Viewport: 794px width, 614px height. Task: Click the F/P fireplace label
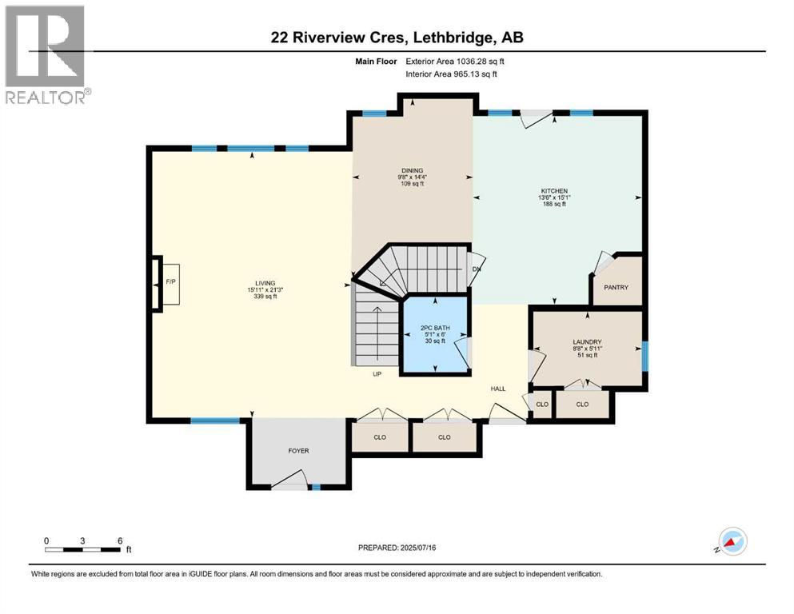click(170, 281)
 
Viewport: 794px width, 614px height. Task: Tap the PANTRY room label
click(616, 287)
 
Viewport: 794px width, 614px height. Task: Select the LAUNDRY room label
click(587, 341)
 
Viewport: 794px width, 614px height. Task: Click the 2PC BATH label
click(435, 328)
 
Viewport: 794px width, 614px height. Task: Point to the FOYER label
click(298, 450)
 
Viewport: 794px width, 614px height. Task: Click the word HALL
click(498, 389)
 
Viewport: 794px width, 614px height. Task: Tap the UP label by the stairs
click(377, 374)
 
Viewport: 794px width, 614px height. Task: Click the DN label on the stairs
click(476, 269)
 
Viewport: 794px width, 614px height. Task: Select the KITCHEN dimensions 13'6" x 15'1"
click(554, 197)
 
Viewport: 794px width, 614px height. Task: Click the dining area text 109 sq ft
click(412, 184)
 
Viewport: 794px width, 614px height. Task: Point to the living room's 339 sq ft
click(265, 297)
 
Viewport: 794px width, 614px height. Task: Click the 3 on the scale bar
click(82, 540)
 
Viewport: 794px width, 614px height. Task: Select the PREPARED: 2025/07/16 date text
click(397, 548)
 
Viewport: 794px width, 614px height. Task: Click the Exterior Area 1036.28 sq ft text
click(455, 62)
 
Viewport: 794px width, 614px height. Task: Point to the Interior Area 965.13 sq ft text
click(451, 74)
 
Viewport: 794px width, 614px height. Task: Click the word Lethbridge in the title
click(453, 38)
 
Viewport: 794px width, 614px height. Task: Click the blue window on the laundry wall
click(644, 357)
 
